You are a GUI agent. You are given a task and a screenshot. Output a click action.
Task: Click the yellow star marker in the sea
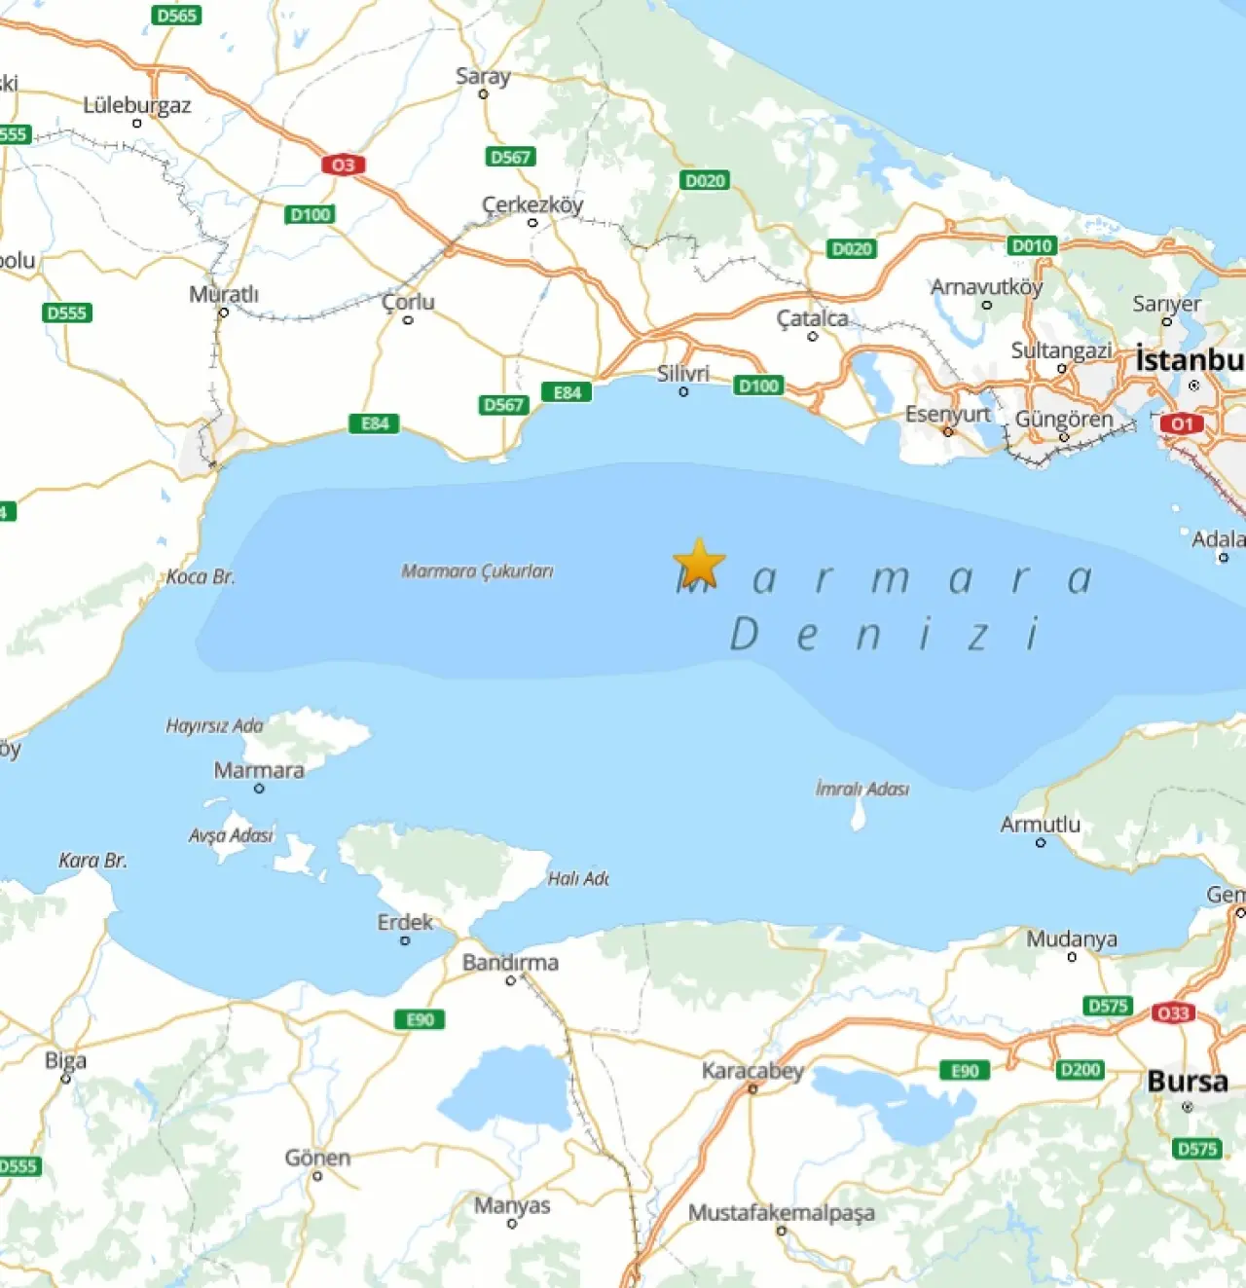coord(699,564)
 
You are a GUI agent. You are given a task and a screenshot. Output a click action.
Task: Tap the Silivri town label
coord(682,374)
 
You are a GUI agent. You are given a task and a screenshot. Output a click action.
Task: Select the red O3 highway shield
coord(343,165)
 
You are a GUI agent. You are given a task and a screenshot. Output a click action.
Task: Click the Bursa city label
coord(1187,1082)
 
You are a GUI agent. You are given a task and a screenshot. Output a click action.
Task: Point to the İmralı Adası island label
coord(861,789)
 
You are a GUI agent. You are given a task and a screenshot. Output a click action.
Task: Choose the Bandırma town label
coord(510,963)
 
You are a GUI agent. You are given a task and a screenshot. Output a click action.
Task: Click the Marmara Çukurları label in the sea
coord(477,571)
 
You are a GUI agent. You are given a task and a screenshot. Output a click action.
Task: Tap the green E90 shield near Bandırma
coord(420,1019)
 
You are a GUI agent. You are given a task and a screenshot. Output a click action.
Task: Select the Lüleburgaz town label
coord(136,105)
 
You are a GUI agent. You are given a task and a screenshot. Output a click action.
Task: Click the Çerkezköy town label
coord(532,204)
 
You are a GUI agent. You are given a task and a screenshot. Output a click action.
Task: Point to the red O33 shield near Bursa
coord(1172,1012)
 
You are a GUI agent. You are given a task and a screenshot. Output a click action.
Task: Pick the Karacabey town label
coord(752,1071)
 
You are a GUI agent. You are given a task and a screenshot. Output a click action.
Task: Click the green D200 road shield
coord(1080,1069)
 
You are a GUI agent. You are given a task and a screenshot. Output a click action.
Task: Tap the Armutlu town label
coord(1040,825)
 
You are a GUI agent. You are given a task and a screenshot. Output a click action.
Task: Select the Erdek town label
coord(405,922)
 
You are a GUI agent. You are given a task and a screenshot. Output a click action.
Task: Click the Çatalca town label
coord(812,318)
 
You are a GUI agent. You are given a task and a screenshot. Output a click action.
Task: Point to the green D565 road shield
coord(176,15)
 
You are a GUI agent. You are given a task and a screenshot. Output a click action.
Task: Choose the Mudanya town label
coord(1072,939)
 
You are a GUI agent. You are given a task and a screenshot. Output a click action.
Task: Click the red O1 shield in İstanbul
coord(1181,423)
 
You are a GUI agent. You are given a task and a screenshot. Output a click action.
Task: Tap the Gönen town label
coord(317,1158)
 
